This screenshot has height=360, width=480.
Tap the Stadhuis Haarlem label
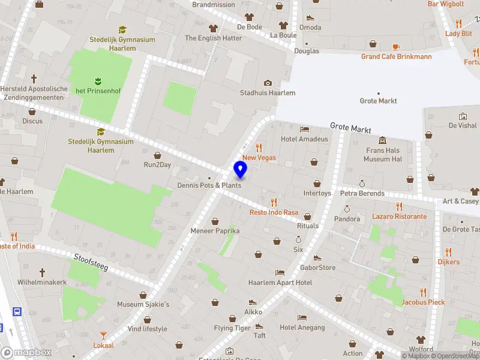[268, 93]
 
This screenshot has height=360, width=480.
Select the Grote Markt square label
[378, 101]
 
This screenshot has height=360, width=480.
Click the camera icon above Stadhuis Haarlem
[268, 83]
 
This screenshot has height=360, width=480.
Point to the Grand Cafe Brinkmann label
[396, 57]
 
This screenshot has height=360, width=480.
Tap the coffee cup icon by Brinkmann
[396, 47]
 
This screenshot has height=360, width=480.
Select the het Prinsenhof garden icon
[97, 80]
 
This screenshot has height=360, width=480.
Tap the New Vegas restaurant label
[259, 157]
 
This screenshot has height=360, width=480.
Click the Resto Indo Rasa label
[274, 212]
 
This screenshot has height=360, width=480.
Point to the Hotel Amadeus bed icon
[304, 129]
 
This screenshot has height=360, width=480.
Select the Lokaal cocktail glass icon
[103, 335]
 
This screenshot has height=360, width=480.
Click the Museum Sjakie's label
[143, 304]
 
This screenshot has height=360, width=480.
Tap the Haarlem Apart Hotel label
[280, 282]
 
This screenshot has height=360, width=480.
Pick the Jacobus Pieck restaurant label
[423, 302]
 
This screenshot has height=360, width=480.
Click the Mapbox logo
[26, 353]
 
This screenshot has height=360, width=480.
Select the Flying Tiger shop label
[232, 328]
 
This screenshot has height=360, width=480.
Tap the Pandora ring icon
[347, 209]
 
